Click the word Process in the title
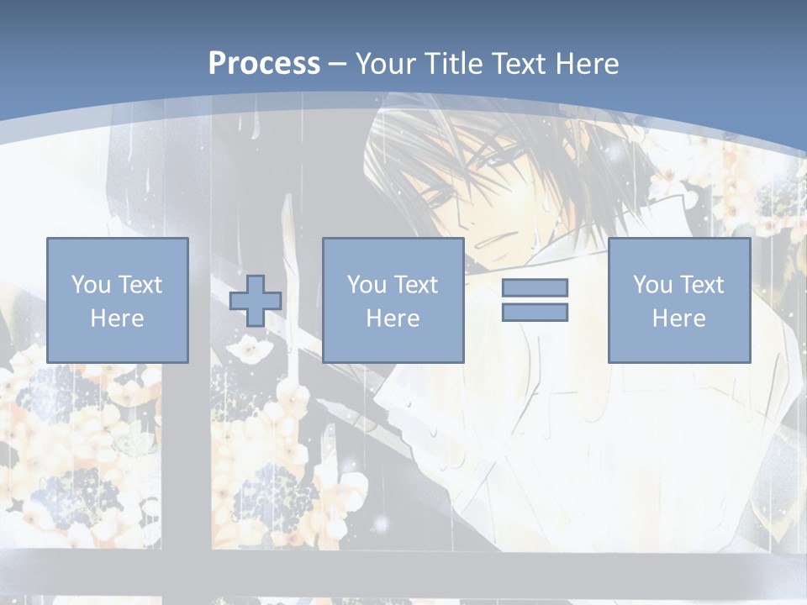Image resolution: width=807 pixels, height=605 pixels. pyautogui.click(x=264, y=63)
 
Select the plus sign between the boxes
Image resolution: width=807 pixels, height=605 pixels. pyautogui.click(x=256, y=300)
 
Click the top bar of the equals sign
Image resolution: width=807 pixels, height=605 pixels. pyautogui.click(x=535, y=287)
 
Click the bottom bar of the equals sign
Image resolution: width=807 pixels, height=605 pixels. pyautogui.click(x=535, y=312)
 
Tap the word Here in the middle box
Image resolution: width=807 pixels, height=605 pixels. pyautogui.click(x=393, y=318)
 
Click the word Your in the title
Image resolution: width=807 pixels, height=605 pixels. pyautogui.click(x=382, y=63)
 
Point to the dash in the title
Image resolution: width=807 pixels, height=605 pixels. pyautogui.click(x=337, y=64)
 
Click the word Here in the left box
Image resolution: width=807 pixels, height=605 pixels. pyautogui.click(x=117, y=318)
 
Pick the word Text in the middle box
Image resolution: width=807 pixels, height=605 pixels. pyautogui.click(x=416, y=285)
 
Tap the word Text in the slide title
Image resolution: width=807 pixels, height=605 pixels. pyautogui.click(x=520, y=63)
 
